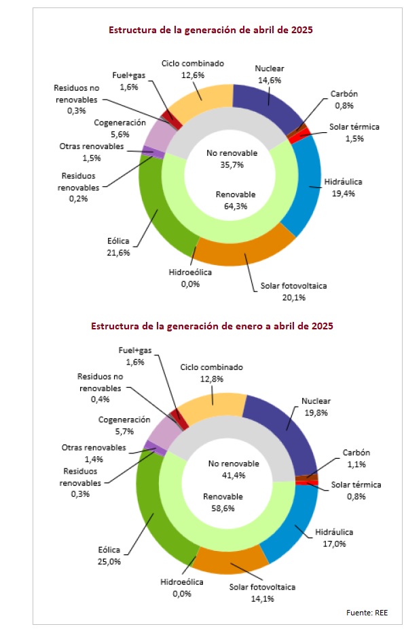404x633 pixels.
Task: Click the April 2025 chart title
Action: click(210, 30)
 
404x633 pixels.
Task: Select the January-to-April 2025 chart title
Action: click(212, 326)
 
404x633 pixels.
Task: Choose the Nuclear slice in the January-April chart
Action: click(283, 428)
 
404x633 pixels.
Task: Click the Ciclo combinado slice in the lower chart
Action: click(213, 407)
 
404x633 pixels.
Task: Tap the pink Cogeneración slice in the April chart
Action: click(155, 136)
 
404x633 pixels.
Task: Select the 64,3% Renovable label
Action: click(236, 200)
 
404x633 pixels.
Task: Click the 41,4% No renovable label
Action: click(234, 470)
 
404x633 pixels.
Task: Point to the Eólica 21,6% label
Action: click(119, 247)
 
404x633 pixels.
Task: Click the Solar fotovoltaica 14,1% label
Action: click(263, 592)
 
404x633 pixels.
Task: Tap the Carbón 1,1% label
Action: click(356, 459)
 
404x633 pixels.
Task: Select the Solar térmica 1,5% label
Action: click(354, 132)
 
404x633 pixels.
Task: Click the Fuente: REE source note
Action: click(367, 613)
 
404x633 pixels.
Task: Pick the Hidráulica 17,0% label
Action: click(334, 537)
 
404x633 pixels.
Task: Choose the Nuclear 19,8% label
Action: click(316, 407)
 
